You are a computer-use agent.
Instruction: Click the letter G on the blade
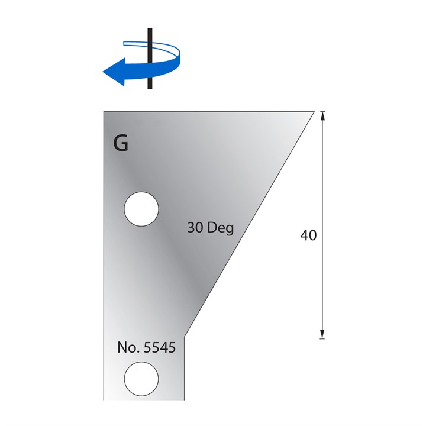click(x=121, y=144)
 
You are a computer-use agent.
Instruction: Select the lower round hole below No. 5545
click(x=141, y=378)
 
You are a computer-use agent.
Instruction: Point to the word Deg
click(x=221, y=228)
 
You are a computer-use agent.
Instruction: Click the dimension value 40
click(x=308, y=235)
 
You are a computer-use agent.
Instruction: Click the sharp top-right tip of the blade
click(x=313, y=112)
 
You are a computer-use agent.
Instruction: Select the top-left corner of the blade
click(x=104, y=112)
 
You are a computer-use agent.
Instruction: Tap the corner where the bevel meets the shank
click(x=186, y=335)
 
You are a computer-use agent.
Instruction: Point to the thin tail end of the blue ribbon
click(x=125, y=43)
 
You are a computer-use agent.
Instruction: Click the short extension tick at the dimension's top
click(x=323, y=111)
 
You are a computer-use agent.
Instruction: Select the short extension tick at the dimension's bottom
click(x=323, y=338)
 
